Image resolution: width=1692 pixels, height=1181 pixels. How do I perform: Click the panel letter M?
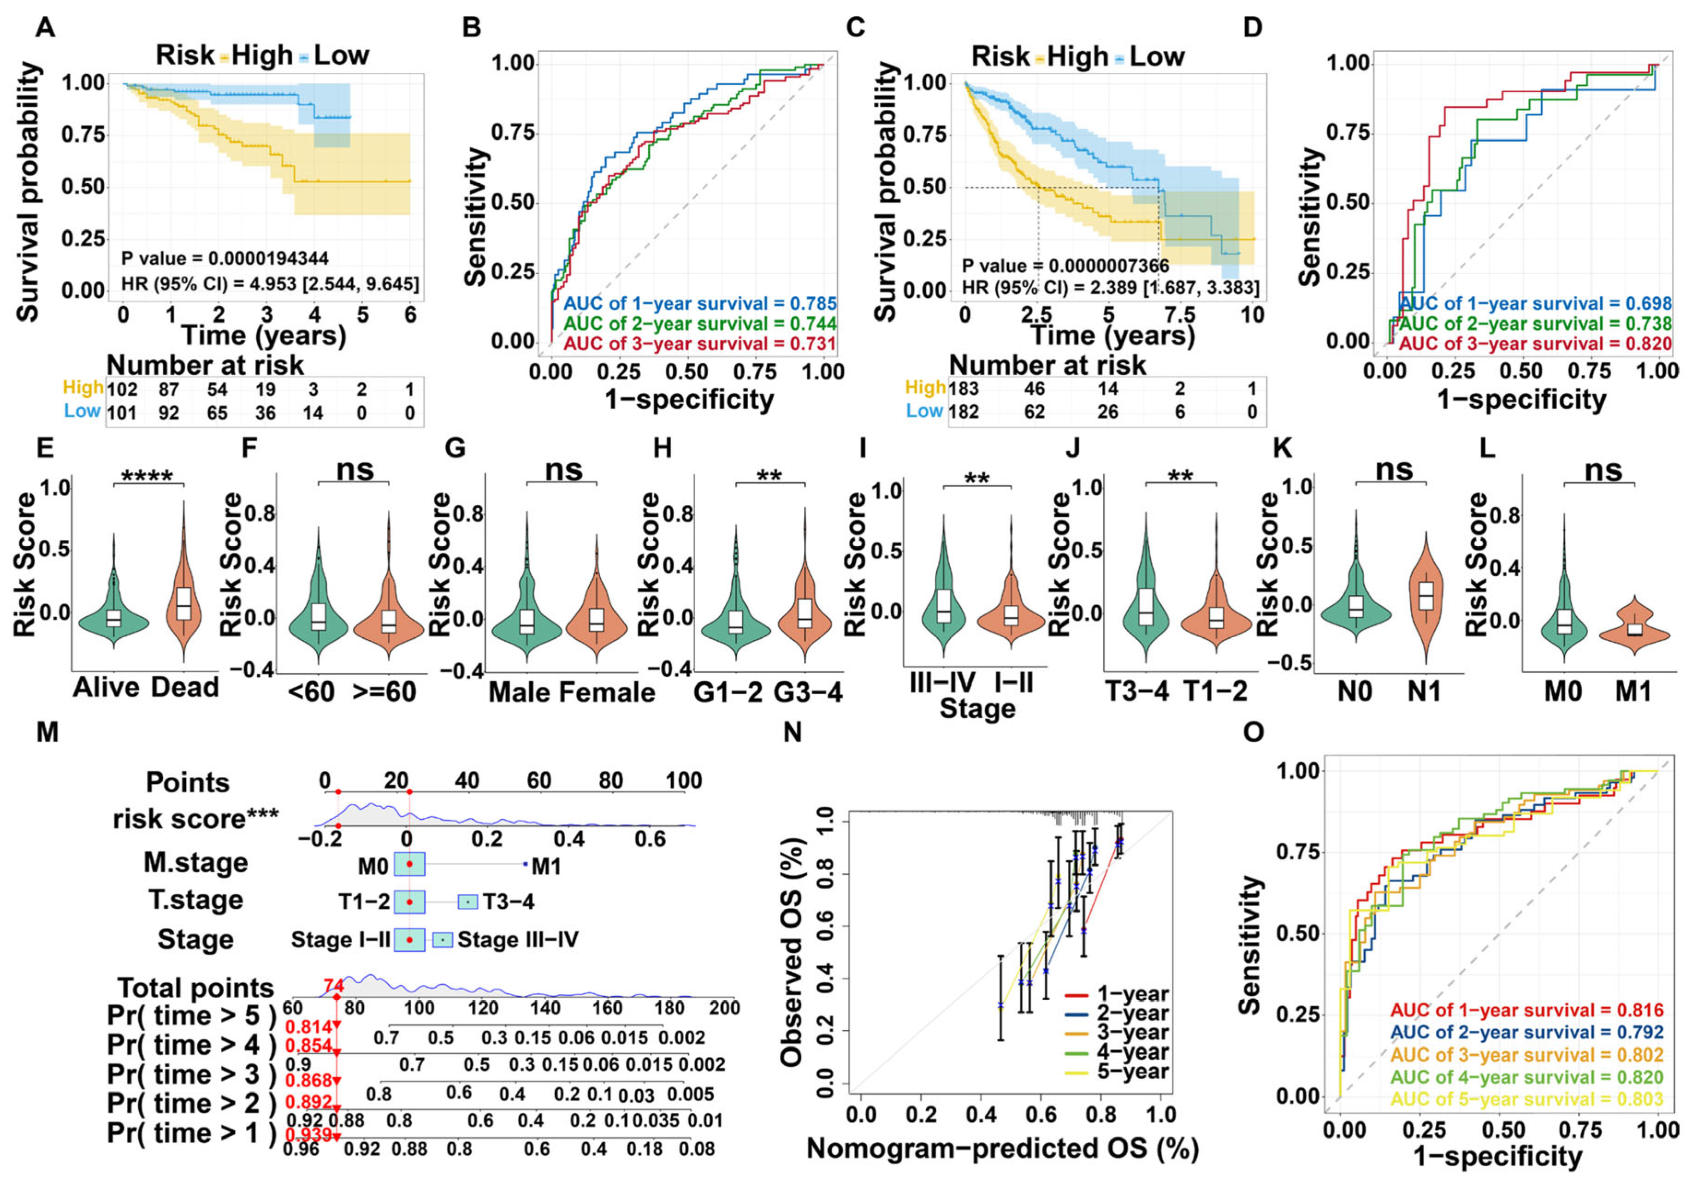click(x=47, y=732)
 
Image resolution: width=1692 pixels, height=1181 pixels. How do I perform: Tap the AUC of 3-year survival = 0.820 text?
click(x=1535, y=343)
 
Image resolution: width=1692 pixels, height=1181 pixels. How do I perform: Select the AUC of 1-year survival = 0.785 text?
click(x=700, y=303)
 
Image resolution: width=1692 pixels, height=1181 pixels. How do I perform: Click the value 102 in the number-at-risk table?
click(x=122, y=389)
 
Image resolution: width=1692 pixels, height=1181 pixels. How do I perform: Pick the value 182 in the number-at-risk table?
click(x=963, y=412)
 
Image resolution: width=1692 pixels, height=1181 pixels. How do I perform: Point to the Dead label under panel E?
click(x=185, y=687)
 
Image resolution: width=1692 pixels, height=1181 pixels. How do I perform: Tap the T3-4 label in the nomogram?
click(x=509, y=902)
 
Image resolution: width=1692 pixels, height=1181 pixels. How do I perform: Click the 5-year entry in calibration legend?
click(x=1131, y=1071)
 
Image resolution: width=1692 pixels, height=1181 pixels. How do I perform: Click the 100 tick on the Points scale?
click(x=683, y=780)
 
